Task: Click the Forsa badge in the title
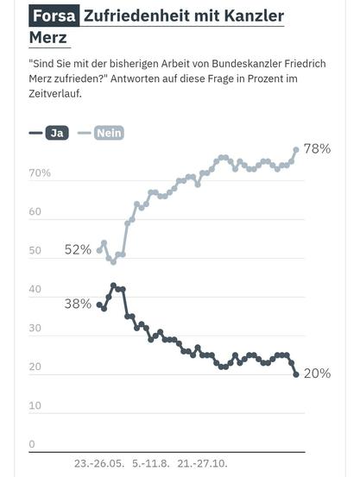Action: click(54, 16)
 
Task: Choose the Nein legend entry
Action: click(108, 133)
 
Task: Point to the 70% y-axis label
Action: click(40, 173)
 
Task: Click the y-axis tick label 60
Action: click(35, 212)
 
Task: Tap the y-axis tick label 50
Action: click(35, 251)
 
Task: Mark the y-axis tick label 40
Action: click(35, 290)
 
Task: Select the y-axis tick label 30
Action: click(35, 329)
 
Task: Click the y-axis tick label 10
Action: click(35, 405)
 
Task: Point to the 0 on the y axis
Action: click(32, 444)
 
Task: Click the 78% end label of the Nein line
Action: click(317, 148)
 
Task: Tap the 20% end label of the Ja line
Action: click(317, 373)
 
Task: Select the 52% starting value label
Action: click(78, 249)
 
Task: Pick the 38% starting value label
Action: click(78, 303)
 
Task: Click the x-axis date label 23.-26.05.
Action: click(99, 463)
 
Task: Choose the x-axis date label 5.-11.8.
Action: click(152, 463)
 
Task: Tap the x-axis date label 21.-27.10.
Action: click(202, 463)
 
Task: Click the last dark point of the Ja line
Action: click(296, 374)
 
